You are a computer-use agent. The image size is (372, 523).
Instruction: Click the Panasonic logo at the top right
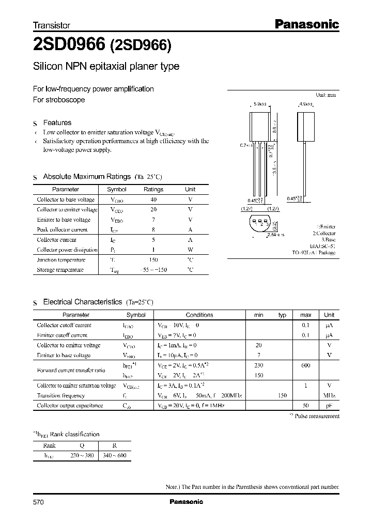tap(306, 24)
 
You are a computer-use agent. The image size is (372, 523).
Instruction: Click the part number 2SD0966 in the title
tap(68, 45)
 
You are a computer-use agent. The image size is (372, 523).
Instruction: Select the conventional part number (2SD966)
tap(140, 45)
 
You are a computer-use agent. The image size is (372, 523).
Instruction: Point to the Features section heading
tap(57, 122)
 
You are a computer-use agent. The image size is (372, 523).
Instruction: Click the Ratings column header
tap(153, 189)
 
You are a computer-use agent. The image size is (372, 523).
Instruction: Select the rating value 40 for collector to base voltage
tap(153, 199)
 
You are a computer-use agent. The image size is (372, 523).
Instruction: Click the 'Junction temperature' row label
tap(61, 260)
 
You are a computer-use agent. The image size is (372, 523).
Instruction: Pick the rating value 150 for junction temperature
tap(153, 260)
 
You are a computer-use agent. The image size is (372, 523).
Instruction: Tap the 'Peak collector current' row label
tap(63, 229)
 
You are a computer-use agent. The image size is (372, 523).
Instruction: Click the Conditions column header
tap(199, 315)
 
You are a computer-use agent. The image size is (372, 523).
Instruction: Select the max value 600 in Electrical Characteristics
tap(305, 365)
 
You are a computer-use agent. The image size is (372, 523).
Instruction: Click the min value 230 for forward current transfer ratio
tap(259, 365)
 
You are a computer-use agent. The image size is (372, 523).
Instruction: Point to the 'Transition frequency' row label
tap(60, 395)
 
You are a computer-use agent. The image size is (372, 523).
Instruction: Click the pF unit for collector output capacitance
tap(329, 406)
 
